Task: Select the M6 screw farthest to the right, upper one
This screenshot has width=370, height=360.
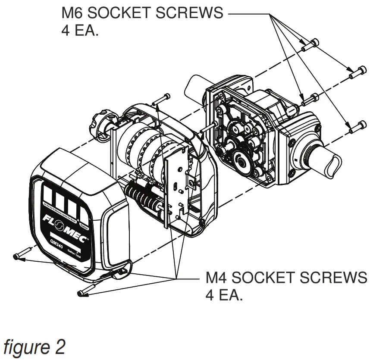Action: pyautogui.click(x=357, y=73)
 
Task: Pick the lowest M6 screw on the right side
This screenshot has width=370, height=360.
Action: pyautogui.click(x=356, y=126)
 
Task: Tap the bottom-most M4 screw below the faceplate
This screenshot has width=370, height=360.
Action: pyautogui.click(x=84, y=291)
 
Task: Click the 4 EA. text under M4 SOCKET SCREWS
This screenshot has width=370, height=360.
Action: pyautogui.click(x=224, y=297)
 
